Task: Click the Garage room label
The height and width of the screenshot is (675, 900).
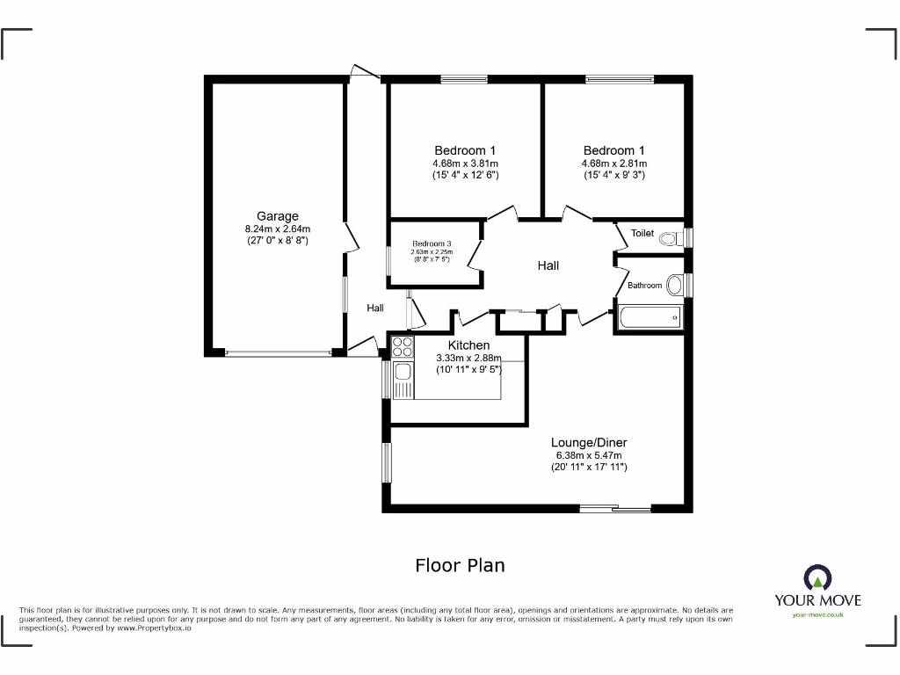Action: pos(277,216)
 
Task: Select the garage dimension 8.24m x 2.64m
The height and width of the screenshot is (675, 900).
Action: pos(277,229)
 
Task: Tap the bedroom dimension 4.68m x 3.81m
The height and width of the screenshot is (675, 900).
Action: pos(465,163)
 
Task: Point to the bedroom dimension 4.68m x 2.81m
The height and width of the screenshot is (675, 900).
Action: pos(614,163)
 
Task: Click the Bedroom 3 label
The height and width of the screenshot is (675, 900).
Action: pos(432,243)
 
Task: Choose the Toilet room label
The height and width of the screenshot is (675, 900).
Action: pos(642,234)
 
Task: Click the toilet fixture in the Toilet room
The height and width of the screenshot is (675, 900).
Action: pos(672,237)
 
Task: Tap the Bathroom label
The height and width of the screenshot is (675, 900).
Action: pos(644,286)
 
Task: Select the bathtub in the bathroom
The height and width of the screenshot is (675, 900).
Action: pos(650,317)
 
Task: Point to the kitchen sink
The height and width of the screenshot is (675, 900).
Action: pos(403,378)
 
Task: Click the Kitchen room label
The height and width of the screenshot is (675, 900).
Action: pos(468,345)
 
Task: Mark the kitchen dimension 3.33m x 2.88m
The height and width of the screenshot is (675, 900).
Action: pos(468,359)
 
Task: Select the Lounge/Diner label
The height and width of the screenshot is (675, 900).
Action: pos(589,442)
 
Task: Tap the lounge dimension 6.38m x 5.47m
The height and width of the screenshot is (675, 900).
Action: pos(589,455)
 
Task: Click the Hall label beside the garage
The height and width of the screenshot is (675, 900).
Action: pos(375,308)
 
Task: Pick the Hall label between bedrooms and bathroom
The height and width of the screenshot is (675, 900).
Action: pos(548,265)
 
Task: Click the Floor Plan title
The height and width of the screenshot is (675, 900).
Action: pos(460,565)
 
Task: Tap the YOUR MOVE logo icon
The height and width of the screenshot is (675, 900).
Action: pos(817,578)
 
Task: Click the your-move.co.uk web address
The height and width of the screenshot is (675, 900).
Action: pos(817,615)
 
